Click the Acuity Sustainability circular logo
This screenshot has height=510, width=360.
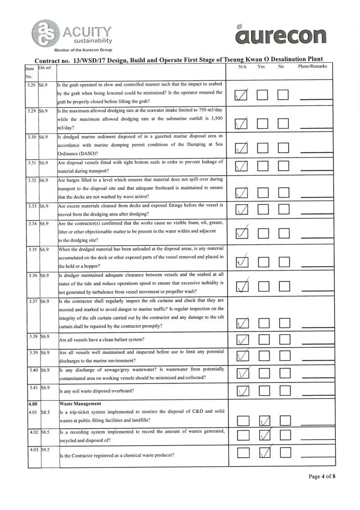pyautogui.click(x=44, y=33)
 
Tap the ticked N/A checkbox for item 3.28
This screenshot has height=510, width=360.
pyautogui.click(x=241, y=95)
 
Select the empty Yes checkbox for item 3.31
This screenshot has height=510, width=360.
pyautogui.click(x=262, y=166)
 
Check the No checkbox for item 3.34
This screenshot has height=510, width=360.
pyautogui.click(x=284, y=234)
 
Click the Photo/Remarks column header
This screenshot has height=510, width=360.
pyautogui.click(x=313, y=67)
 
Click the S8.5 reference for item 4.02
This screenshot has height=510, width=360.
pyautogui.click(x=45, y=431)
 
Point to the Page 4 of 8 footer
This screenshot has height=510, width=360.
pyautogui.click(x=322, y=477)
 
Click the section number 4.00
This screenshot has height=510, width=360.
pyautogui.click(x=31, y=404)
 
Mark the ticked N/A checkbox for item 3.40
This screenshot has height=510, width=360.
pyautogui.click(x=243, y=373)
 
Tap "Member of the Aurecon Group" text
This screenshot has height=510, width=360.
pyautogui.click(x=83, y=50)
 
